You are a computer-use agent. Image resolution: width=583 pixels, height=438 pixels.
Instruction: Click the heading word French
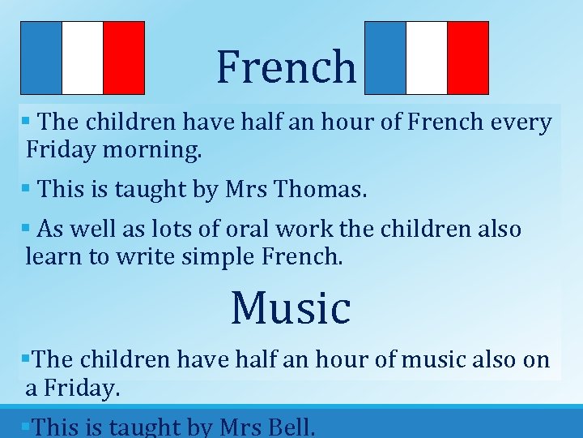coord(286,67)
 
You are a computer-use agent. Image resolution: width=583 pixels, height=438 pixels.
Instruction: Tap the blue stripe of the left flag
coord(41,58)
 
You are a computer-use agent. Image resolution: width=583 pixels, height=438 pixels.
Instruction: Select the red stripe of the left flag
coord(124,58)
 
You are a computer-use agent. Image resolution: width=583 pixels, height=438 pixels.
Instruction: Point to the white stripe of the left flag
coord(83,58)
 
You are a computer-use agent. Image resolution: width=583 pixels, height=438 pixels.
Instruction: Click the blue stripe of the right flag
coord(385,58)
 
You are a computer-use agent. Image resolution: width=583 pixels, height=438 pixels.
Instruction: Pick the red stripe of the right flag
coord(468,58)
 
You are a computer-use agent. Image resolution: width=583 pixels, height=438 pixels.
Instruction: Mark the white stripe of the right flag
coord(427,58)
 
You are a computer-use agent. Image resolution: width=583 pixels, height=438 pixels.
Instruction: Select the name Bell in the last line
coord(287,427)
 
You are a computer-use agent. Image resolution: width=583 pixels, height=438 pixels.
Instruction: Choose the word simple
coord(218,257)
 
